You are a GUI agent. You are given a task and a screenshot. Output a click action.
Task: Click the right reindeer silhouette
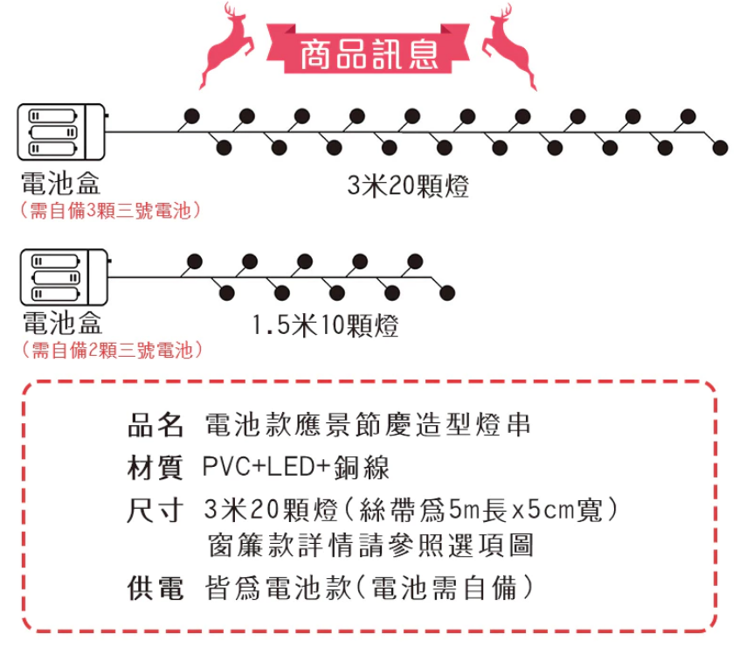511,47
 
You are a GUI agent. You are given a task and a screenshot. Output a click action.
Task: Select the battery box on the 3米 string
61,132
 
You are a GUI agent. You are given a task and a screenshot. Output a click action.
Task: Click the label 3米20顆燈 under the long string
407,186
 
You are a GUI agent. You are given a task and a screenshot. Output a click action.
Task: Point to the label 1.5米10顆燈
325,326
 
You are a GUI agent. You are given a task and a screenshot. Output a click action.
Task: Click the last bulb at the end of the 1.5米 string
447,291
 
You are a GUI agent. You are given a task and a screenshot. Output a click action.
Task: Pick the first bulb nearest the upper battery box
192,115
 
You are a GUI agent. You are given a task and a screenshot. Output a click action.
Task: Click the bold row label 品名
155,427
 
